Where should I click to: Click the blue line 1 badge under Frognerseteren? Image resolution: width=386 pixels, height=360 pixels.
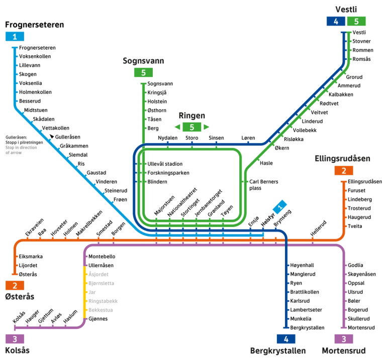point(15,36)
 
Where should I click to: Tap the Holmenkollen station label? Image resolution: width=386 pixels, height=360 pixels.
point(35,92)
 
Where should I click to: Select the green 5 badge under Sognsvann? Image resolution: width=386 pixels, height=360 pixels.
point(143,73)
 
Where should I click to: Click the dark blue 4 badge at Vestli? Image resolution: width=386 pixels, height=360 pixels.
point(336,21)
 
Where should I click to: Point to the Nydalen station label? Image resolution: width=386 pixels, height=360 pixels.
point(168,138)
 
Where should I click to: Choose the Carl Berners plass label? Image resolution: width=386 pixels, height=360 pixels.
point(263,185)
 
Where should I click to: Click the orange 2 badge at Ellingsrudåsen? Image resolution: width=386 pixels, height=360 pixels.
point(343,170)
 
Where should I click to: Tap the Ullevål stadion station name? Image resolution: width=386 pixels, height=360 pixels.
point(165,164)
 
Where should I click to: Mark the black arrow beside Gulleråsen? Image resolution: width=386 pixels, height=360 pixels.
point(52,136)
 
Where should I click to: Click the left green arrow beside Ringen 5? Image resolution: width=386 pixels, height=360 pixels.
point(177,127)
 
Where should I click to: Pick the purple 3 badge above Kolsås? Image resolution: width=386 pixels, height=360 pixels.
point(15,339)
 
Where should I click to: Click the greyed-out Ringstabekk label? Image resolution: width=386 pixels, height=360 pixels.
point(103,301)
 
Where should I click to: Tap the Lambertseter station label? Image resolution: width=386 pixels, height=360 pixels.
point(306,310)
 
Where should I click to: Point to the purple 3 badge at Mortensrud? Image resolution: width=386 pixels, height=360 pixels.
point(343,339)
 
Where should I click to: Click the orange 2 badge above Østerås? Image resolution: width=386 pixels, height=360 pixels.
point(15,285)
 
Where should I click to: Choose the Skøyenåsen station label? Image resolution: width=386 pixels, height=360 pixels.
point(361,274)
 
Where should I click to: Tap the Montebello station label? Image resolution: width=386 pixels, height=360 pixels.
point(102,257)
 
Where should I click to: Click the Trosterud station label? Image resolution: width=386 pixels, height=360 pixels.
point(359,208)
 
